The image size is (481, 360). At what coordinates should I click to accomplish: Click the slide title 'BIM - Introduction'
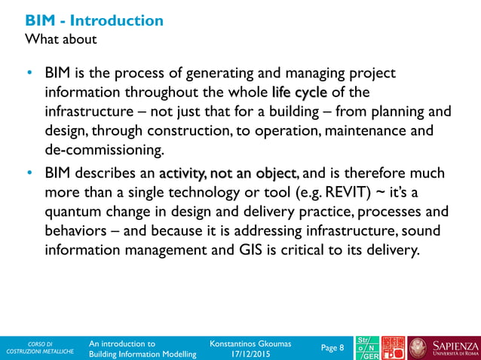click(94, 20)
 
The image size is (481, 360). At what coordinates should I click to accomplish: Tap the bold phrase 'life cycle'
click(299, 93)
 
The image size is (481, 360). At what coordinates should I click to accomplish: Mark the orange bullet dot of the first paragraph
click(29, 74)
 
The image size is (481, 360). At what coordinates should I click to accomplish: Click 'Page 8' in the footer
click(332, 347)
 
